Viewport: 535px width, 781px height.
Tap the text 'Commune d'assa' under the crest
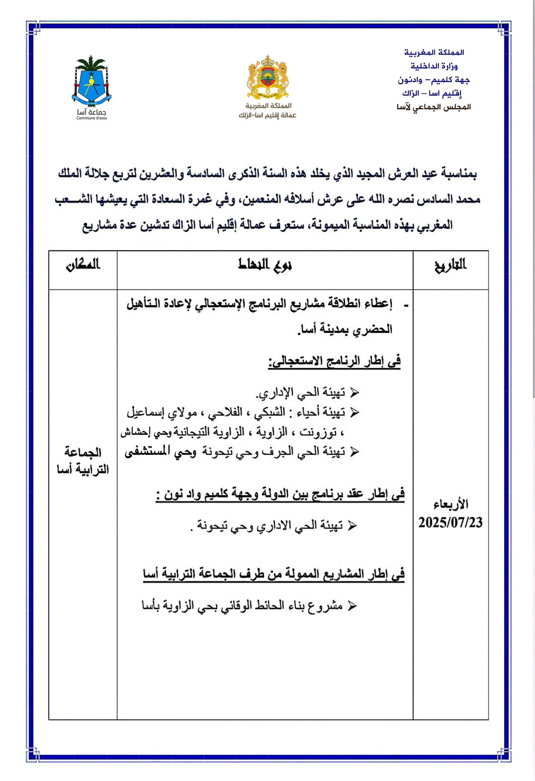[x=92, y=118]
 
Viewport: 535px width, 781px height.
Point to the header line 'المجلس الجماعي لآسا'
[x=433, y=107]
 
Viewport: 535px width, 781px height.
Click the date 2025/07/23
[x=450, y=522]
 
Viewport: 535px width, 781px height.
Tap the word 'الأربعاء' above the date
[x=450, y=504]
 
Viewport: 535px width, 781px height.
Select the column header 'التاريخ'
[x=450, y=265]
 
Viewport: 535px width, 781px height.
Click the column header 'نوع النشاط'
[x=265, y=265]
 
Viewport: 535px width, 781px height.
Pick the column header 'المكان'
[x=82, y=265]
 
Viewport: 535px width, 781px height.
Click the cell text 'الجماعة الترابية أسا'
[x=82, y=461]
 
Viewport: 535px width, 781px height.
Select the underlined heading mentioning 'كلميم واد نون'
[x=280, y=495]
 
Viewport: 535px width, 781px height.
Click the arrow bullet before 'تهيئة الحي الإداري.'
[x=354, y=392]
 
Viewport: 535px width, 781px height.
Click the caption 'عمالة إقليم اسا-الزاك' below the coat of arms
[x=267, y=116]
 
